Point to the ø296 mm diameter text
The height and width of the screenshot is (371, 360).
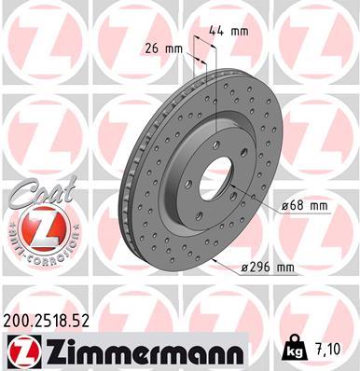tap(268, 268)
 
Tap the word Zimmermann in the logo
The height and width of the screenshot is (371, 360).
tap(135, 350)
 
